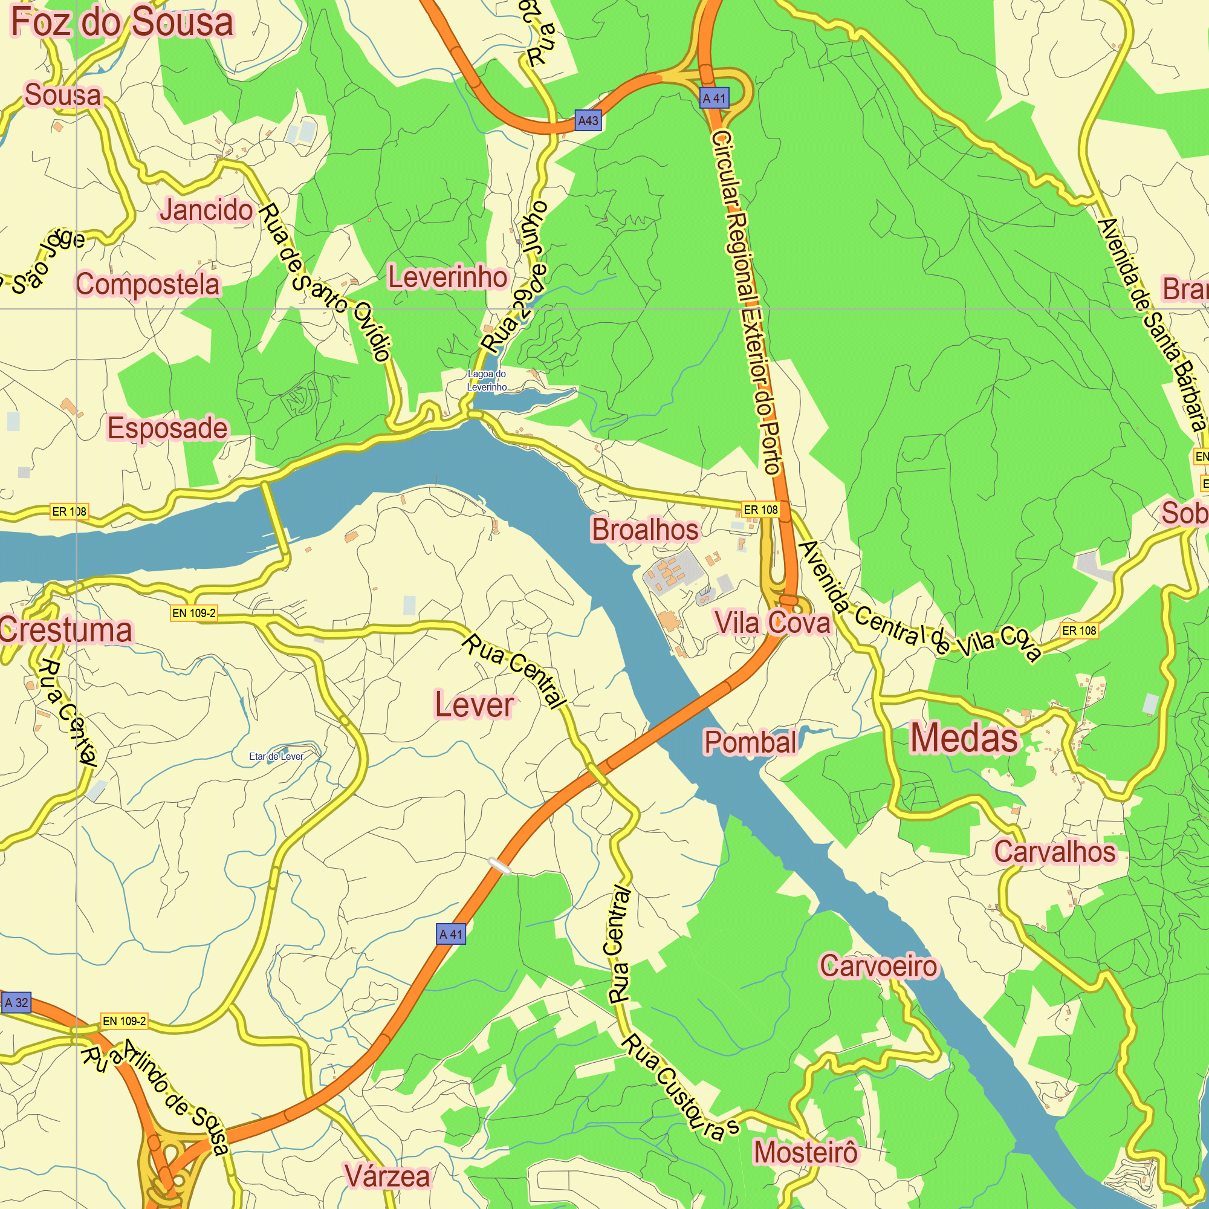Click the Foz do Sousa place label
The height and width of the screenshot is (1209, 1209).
[x=123, y=22]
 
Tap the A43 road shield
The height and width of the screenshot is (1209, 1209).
[x=588, y=120]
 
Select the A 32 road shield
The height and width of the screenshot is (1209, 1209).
[x=16, y=1002]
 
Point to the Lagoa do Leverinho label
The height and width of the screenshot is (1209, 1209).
[x=487, y=380]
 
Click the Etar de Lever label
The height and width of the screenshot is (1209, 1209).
[x=276, y=757]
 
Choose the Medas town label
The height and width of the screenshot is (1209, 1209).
[x=964, y=739]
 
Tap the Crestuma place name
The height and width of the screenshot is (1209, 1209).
[x=66, y=630]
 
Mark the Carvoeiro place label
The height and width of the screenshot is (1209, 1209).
[x=878, y=966]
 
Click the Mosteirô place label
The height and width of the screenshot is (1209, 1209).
[x=805, y=1152]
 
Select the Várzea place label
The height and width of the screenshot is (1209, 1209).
[x=387, y=1176]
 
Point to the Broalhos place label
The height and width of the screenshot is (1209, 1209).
[x=644, y=530]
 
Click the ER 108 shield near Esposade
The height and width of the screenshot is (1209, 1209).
[x=70, y=511]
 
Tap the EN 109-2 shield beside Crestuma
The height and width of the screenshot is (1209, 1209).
[x=194, y=613]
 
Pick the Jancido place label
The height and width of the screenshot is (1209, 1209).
[x=206, y=210]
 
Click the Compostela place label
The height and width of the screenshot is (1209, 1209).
[x=148, y=285]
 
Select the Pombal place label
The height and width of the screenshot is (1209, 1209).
[x=750, y=742]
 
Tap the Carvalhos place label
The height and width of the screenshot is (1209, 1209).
[x=1055, y=852]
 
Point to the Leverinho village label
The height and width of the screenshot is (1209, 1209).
[x=447, y=277]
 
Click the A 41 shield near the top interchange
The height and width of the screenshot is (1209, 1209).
[x=714, y=99]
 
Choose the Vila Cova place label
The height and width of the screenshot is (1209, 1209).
[x=772, y=623]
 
